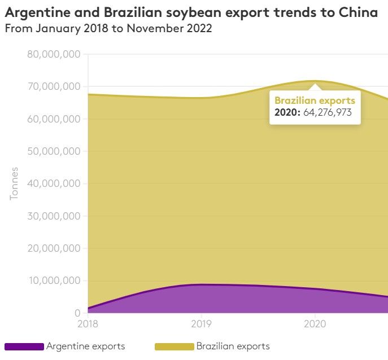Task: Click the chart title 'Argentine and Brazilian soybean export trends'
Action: (191, 12)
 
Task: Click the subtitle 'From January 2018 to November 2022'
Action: (108, 29)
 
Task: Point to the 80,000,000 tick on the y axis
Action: (54, 55)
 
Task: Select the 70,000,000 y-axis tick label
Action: (54, 87)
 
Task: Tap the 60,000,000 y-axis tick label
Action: (54, 119)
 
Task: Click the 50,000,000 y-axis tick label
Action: (54, 152)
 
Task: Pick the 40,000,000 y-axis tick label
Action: (54, 184)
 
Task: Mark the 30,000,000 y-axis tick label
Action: (54, 216)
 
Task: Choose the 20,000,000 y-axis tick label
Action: (54, 249)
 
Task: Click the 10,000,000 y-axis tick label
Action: (54, 281)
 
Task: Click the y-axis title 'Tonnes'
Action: (14, 183)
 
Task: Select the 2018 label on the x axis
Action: (88, 324)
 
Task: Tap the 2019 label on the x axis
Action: (201, 324)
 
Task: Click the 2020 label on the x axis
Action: (315, 324)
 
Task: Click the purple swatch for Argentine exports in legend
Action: (24, 346)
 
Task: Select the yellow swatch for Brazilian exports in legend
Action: (174, 346)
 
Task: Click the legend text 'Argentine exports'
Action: (85, 346)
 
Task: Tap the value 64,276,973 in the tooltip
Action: (328, 112)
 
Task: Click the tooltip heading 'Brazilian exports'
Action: (315, 100)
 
